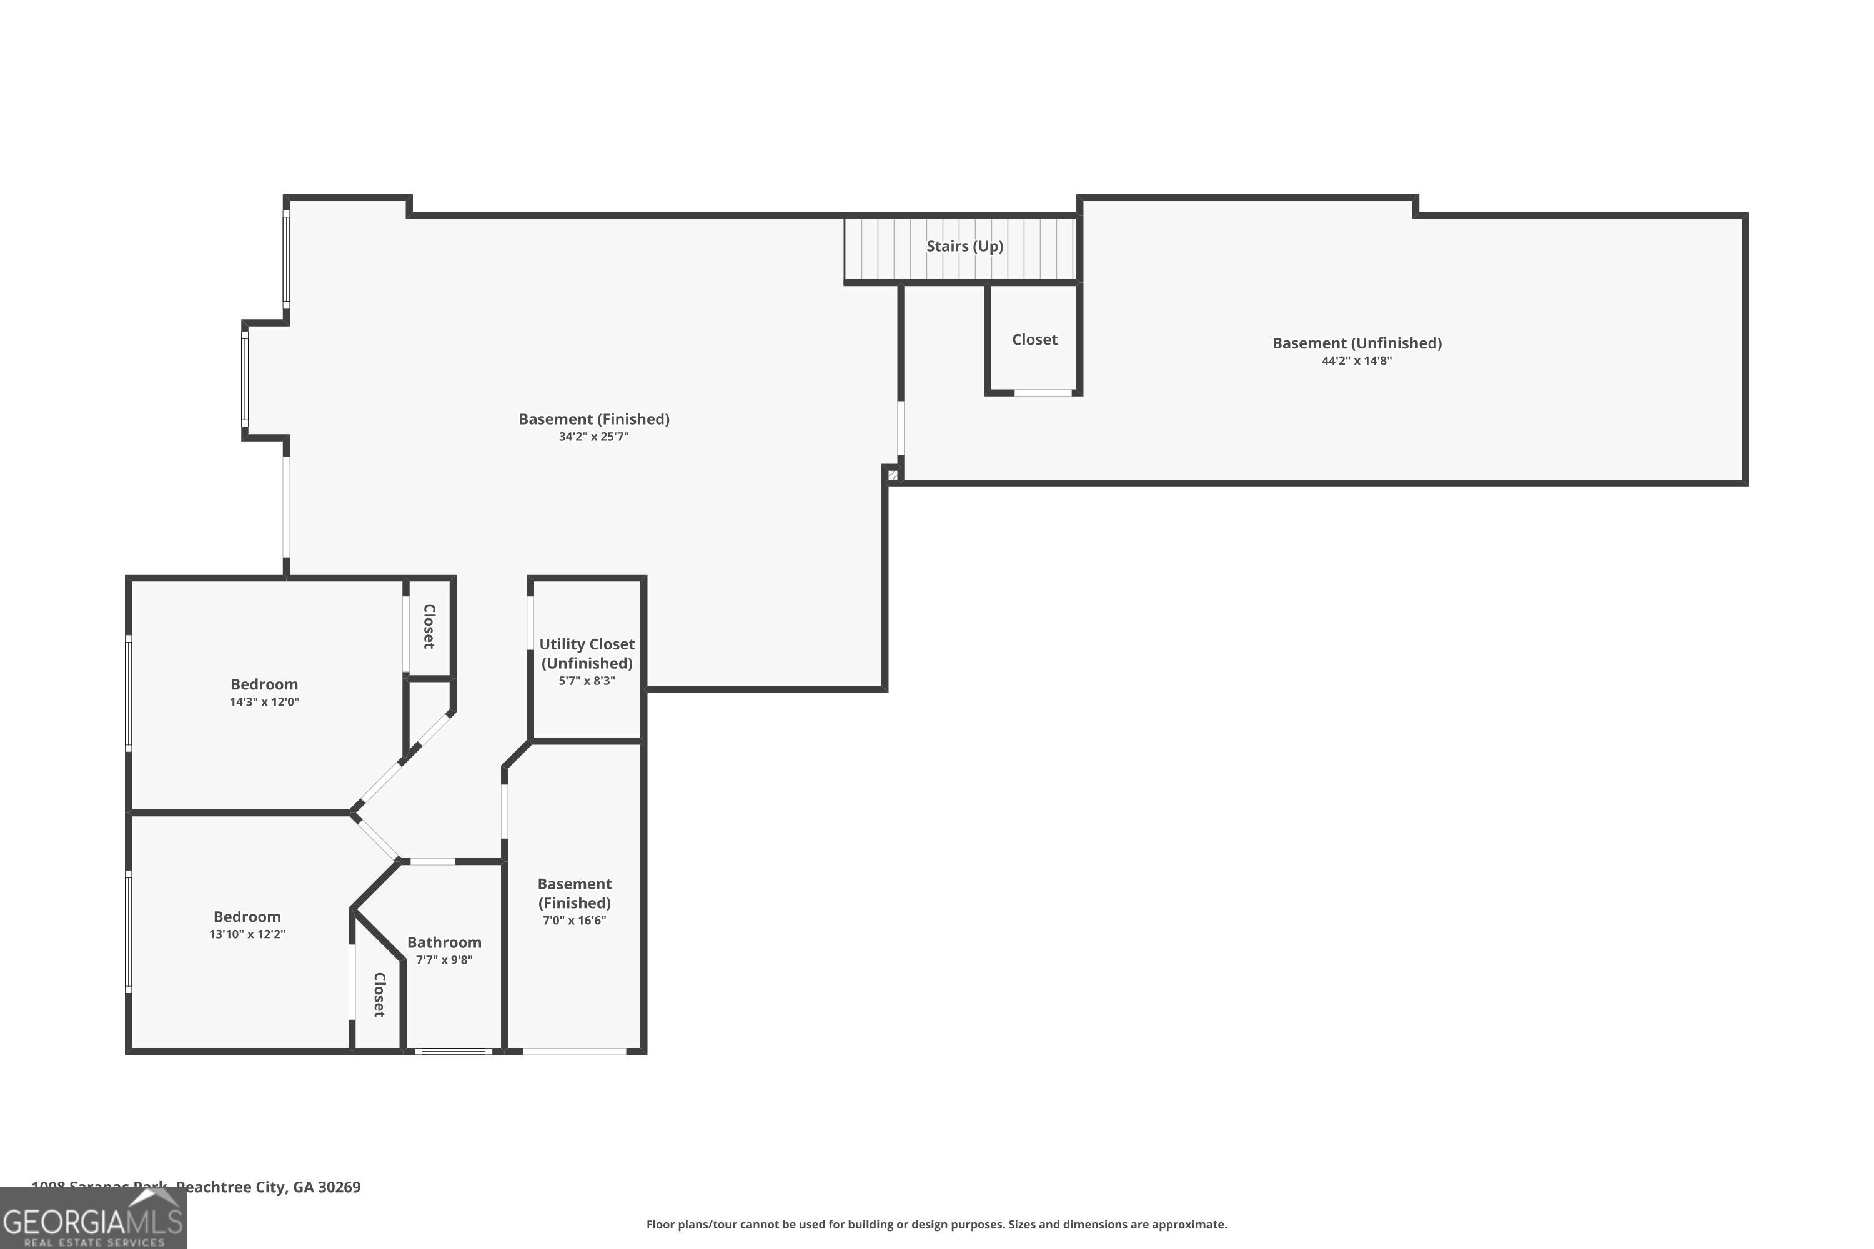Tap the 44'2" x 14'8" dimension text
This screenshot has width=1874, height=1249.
click(1356, 361)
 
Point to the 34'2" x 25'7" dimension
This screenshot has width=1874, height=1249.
click(593, 437)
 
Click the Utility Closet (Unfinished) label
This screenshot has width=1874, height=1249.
click(587, 653)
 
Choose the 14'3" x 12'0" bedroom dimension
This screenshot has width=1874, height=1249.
click(264, 702)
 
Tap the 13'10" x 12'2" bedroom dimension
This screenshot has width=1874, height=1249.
click(247, 934)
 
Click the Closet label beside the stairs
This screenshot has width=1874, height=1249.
click(1034, 339)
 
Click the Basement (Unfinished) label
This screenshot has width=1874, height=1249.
click(1356, 343)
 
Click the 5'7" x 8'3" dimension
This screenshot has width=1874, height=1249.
click(587, 681)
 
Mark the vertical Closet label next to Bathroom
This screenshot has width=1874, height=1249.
click(379, 994)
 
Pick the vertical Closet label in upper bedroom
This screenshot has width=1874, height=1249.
click(429, 626)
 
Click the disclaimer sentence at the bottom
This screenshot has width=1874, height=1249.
click(936, 1224)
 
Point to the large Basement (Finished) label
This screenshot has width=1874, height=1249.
click(593, 419)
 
